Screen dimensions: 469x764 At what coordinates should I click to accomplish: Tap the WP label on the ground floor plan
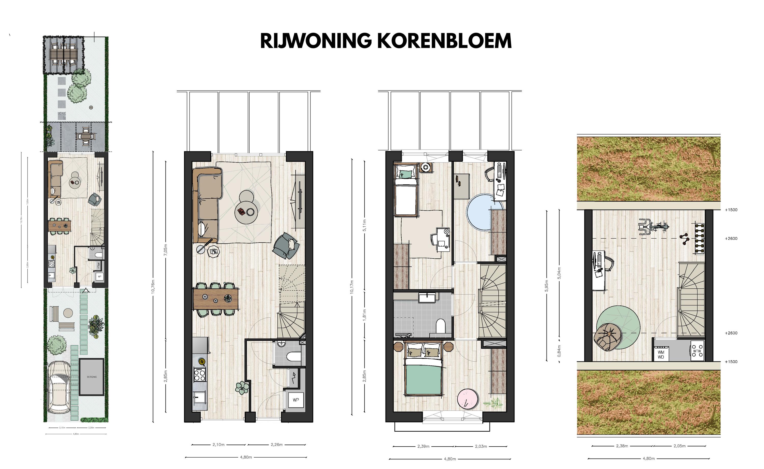(x=295, y=400)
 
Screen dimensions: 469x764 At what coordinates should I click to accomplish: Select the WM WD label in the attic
(x=661, y=355)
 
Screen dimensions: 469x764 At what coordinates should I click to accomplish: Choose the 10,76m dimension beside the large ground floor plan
(x=153, y=287)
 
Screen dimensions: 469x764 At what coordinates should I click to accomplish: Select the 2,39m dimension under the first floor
(x=423, y=446)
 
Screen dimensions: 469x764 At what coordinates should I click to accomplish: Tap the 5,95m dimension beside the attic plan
(x=547, y=286)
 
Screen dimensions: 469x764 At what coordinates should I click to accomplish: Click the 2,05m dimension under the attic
(x=679, y=446)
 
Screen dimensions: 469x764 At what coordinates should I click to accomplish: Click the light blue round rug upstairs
(x=480, y=212)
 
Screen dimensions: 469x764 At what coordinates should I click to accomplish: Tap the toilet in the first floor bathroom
(x=440, y=326)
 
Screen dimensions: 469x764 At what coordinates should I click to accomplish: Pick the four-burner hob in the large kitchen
(x=199, y=374)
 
